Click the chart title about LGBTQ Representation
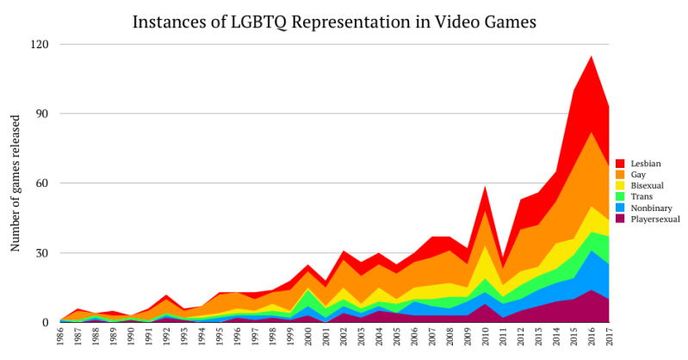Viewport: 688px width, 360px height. click(x=344, y=22)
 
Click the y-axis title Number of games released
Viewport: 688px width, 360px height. click(x=15, y=184)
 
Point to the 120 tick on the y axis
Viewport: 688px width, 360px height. click(x=40, y=44)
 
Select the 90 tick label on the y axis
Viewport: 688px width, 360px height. click(x=42, y=114)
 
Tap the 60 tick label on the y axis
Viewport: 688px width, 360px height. click(x=42, y=183)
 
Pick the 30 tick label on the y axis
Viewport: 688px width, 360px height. click(x=42, y=253)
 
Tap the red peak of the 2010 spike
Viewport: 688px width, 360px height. click(x=486, y=187)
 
